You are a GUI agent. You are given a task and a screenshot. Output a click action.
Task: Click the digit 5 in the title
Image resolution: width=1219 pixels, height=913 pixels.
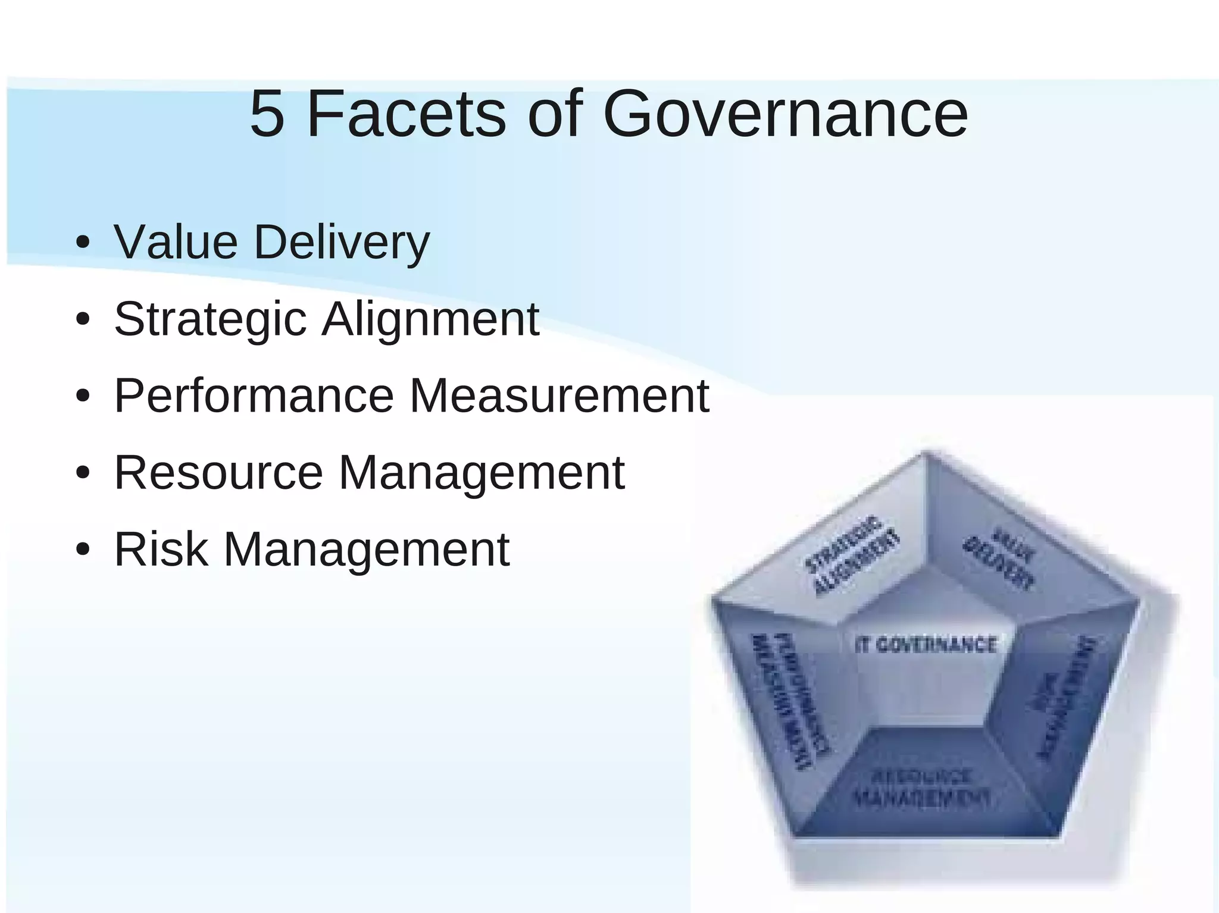267,114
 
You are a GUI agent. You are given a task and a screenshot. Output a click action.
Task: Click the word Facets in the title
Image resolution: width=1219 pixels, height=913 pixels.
405,114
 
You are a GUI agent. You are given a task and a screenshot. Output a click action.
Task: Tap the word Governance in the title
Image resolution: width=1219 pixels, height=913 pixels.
785,114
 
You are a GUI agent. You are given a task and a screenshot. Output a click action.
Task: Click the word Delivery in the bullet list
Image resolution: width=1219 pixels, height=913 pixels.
342,243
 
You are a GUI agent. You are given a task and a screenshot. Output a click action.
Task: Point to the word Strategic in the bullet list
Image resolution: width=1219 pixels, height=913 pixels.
210,320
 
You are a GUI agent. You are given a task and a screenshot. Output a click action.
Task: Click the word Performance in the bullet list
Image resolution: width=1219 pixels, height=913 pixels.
254,396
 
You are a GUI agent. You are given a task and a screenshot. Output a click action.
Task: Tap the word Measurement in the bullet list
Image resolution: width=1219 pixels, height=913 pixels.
559,396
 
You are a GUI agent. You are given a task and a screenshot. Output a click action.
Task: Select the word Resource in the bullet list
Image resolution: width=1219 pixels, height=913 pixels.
219,472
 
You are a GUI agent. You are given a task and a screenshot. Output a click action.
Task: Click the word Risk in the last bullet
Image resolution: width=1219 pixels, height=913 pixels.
161,549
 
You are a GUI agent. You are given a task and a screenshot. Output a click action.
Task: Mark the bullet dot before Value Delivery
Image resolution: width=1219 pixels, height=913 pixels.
83,244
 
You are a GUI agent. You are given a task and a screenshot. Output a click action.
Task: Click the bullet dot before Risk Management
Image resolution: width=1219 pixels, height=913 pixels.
83,550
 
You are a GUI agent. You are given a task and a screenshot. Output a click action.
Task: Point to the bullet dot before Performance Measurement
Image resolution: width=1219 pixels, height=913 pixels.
83,397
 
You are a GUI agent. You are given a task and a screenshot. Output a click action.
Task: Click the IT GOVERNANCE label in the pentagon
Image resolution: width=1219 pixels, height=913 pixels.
926,645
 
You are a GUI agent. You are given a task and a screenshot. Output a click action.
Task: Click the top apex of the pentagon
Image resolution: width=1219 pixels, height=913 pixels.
924,453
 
